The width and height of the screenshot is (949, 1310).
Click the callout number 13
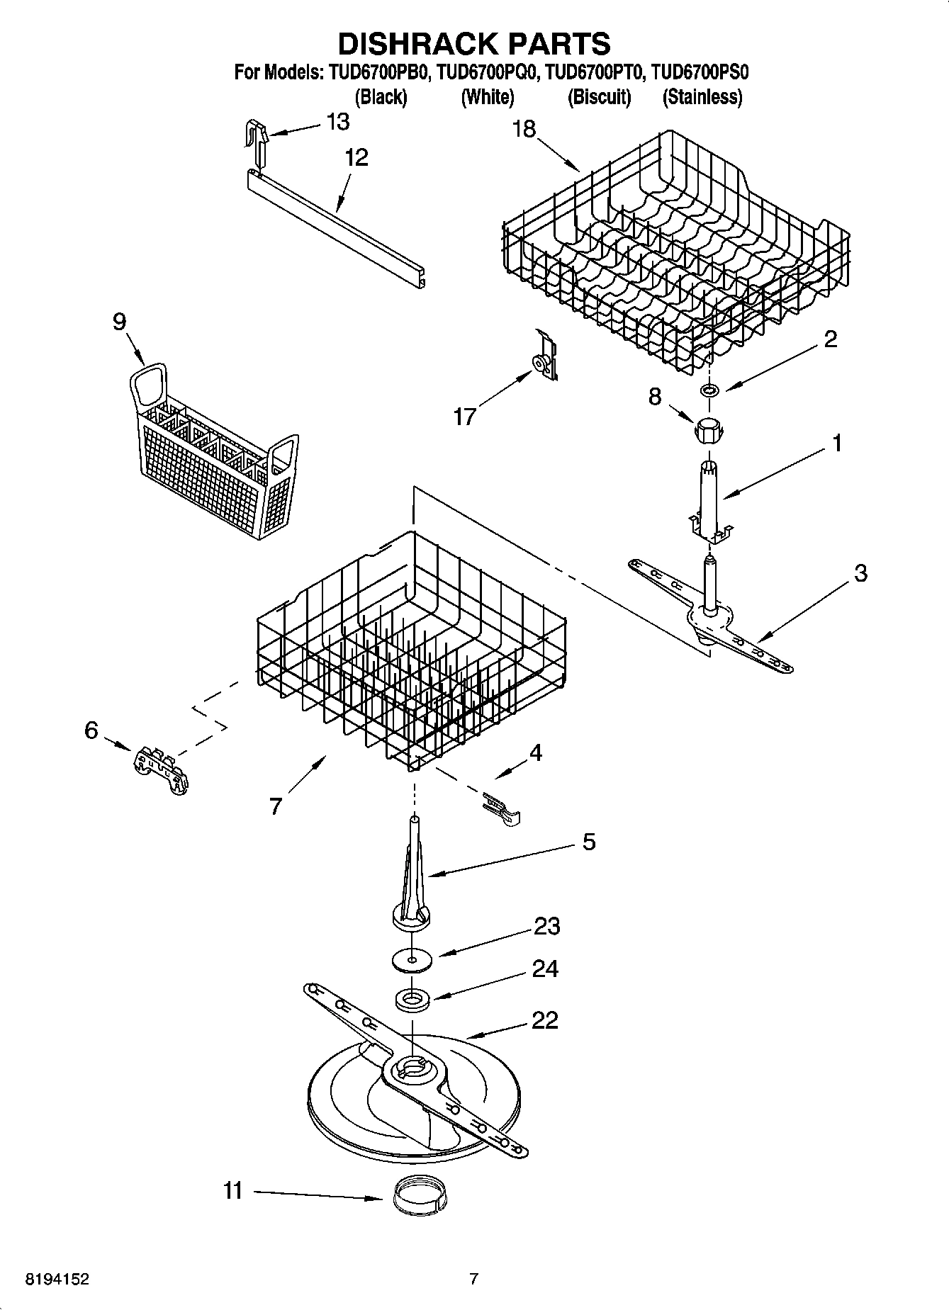coord(338,122)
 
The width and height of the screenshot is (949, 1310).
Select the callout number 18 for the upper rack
coord(524,129)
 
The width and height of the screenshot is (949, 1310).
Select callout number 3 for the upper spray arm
coord(860,572)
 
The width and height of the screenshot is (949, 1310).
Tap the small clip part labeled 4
coord(502,810)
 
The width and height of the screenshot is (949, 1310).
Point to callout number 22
coord(544,1020)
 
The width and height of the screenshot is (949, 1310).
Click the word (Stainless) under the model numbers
coord(702,97)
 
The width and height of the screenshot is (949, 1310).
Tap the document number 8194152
coord(57,1280)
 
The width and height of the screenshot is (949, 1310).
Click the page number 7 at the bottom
coord(474,1280)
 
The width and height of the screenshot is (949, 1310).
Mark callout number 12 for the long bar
coord(356,157)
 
